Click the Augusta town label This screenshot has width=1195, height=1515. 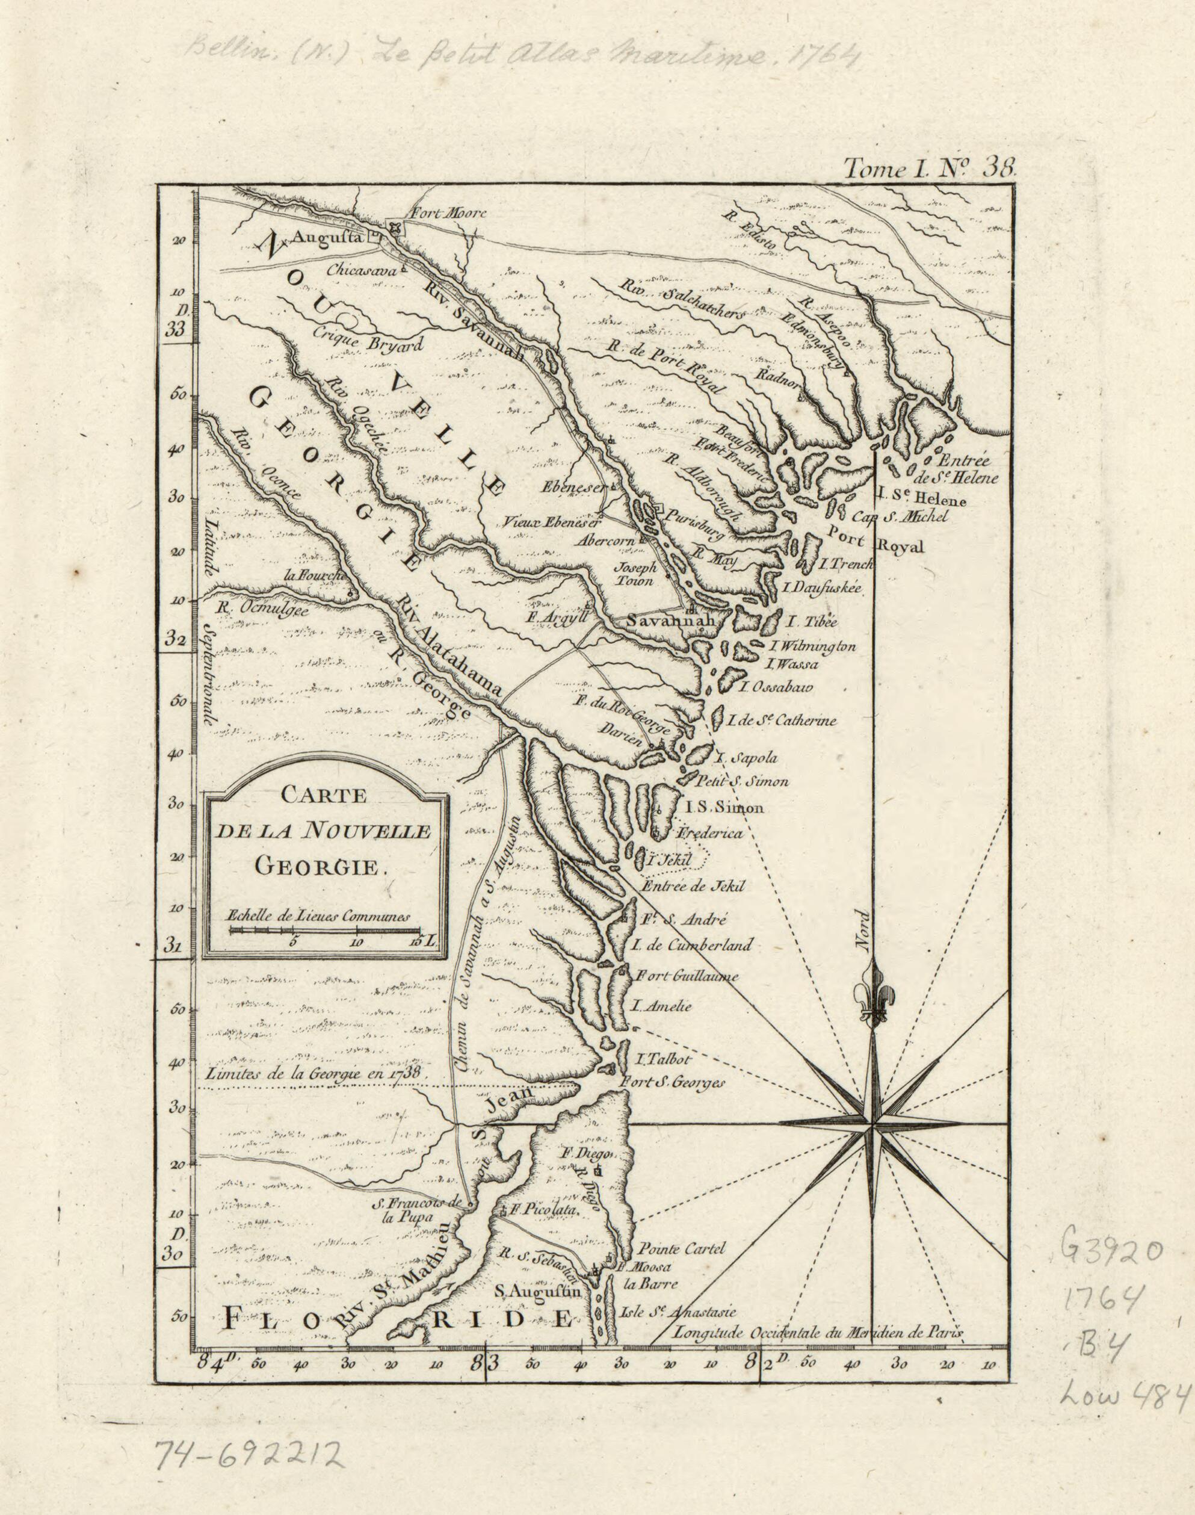pos(325,238)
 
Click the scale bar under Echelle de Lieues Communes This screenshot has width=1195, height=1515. pos(326,930)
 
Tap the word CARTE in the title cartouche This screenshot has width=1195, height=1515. pos(323,796)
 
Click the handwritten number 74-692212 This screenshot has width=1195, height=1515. pos(249,1454)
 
